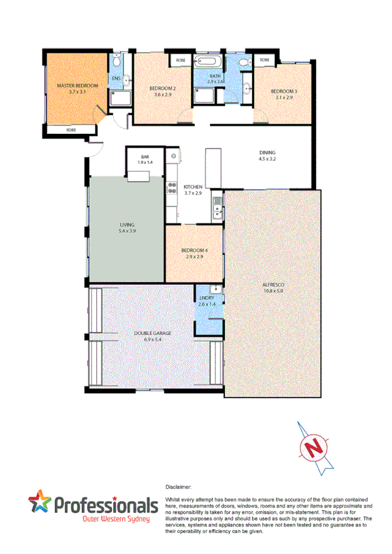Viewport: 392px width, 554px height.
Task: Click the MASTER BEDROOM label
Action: point(77,86)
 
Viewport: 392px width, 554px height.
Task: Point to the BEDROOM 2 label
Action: point(162,88)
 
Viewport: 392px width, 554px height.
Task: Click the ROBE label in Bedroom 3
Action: point(264,60)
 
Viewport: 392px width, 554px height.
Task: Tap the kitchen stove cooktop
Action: point(173,188)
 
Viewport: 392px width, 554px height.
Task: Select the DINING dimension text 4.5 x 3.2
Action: point(268,158)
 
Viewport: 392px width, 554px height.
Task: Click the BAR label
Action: point(145,156)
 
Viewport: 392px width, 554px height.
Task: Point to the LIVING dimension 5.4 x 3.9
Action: point(127,231)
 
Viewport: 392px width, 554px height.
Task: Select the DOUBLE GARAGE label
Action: point(152,333)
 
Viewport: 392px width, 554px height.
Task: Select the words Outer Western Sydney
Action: point(116,519)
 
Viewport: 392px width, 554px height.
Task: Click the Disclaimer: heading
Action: point(178,487)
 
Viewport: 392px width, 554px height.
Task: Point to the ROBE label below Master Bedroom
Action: point(70,130)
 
